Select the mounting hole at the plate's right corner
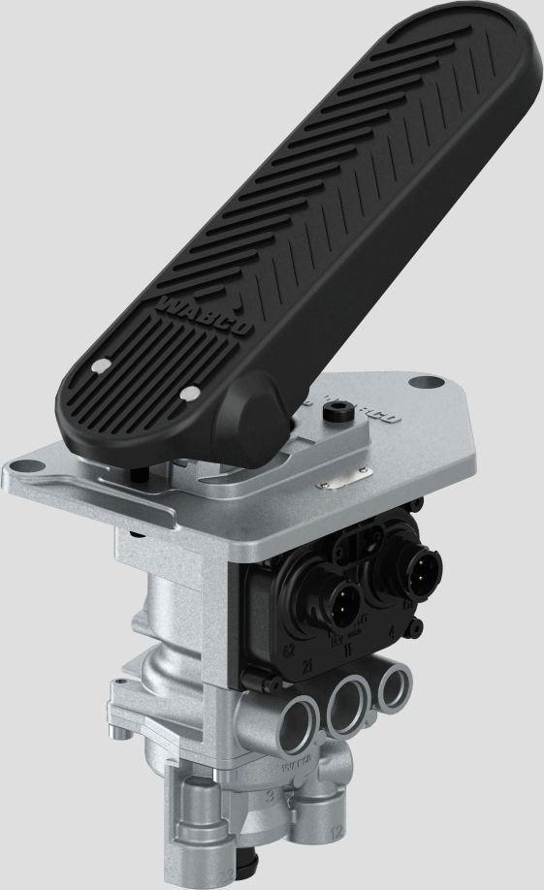424,382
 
